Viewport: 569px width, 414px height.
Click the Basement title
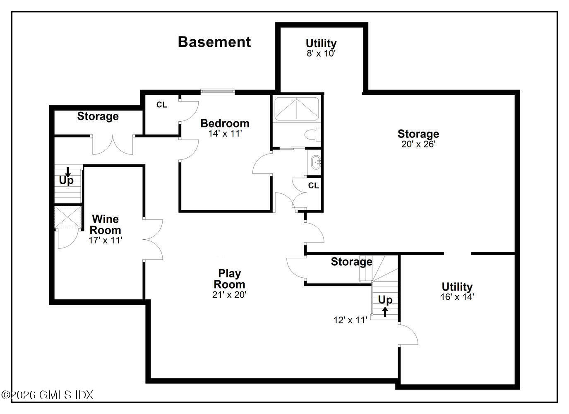pos(214,42)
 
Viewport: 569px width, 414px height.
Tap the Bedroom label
pos(225,123)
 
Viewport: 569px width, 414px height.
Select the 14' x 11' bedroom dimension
pos(225,133)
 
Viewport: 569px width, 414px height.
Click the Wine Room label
pos(106,224)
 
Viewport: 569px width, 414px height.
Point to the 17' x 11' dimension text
pos(106,240)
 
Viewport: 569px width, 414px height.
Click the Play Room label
pos(229,279)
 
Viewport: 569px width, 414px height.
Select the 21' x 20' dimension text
pos(229,295)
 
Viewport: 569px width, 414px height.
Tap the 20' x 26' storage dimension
pos(418,144)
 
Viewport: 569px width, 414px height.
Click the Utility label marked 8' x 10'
pos(321,43)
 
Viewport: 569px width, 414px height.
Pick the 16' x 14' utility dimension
pos(457,296)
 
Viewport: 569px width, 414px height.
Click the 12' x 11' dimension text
pos(351,320)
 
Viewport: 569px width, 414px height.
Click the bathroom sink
pos(316,162)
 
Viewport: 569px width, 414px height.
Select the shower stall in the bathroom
pos(296,109)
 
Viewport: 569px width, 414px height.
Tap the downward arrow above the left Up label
pos(68,171)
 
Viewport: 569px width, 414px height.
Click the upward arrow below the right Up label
pos(385,311)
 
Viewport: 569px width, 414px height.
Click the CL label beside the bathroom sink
pos(313,185)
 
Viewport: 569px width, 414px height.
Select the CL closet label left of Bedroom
pos(161,105)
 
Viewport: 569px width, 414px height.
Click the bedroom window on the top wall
pos(218,91)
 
